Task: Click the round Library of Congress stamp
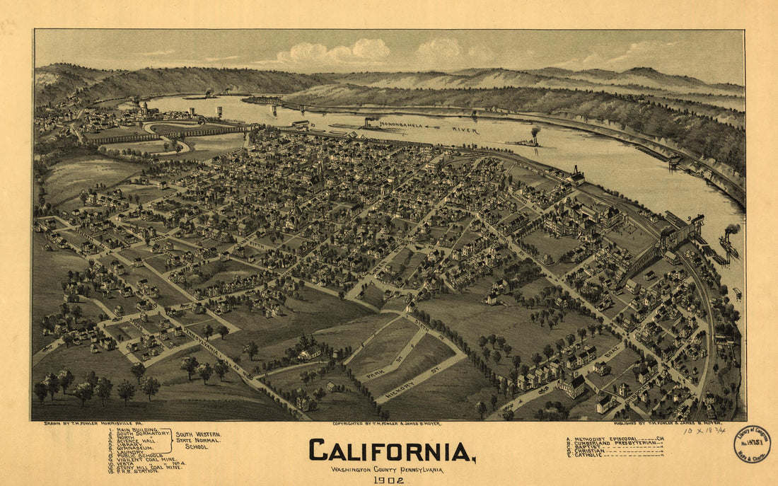click(752, 444)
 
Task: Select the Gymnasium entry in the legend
click(137, 449)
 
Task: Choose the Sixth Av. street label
click(431, 333)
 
